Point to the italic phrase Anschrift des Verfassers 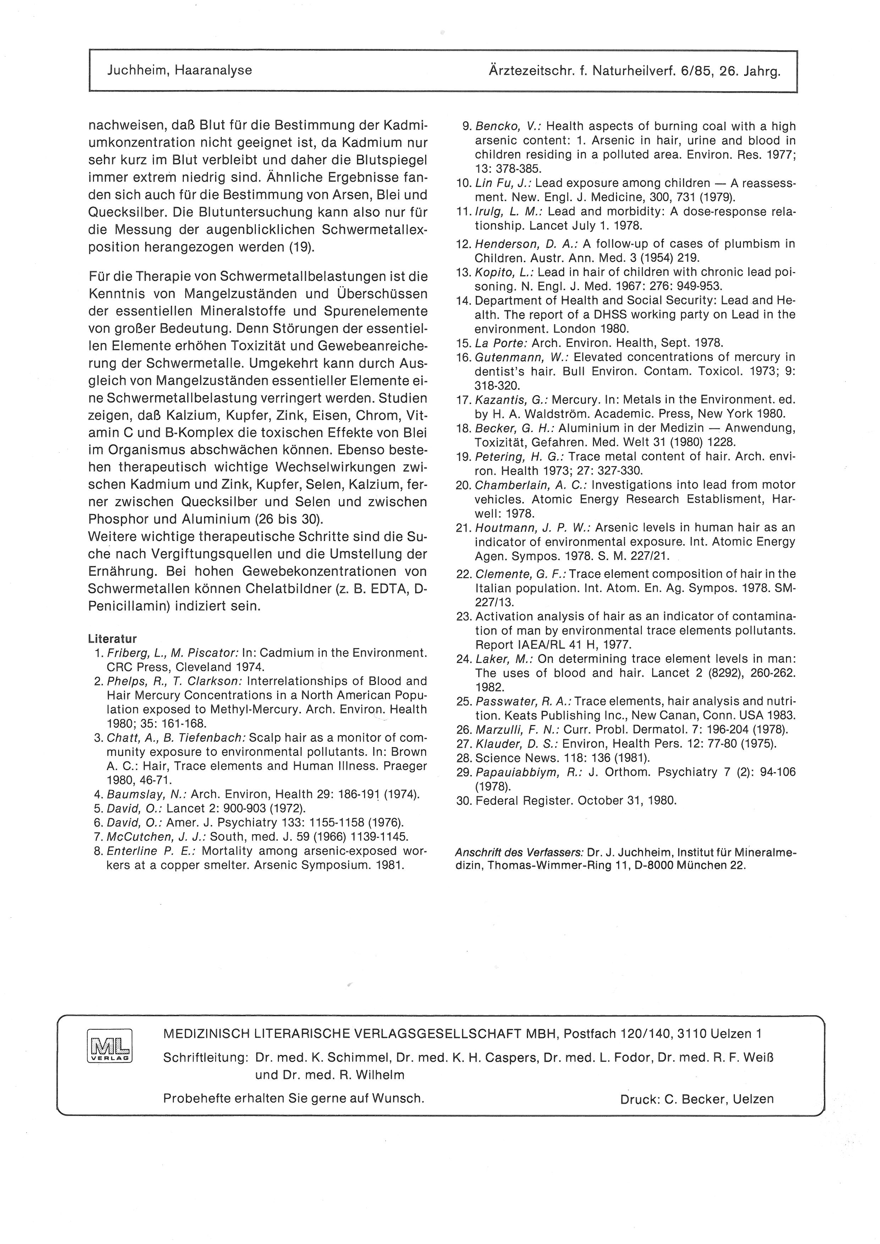pyautogui.click(x=519, y=852)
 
